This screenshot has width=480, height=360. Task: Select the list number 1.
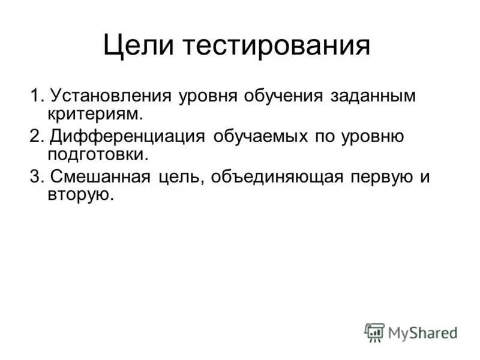pos(37,96)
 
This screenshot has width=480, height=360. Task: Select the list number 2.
pos(37,136)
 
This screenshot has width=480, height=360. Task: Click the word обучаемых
pos(260,136)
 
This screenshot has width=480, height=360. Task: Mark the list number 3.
pos(37,177)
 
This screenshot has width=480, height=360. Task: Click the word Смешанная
pos(101,177)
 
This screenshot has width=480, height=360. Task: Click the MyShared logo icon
pos(374,332)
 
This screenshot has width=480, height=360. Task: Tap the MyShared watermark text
pos(422,332)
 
